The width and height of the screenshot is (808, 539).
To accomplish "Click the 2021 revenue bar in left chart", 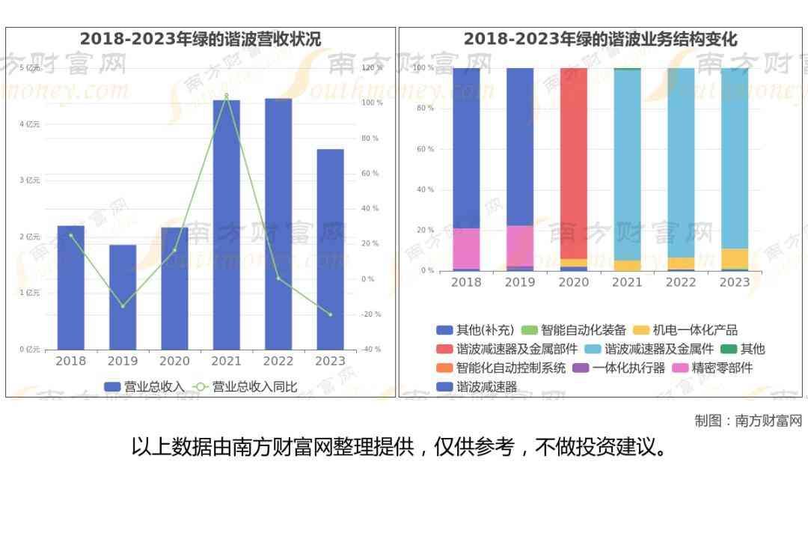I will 226,225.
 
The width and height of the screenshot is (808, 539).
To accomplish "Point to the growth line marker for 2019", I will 123,306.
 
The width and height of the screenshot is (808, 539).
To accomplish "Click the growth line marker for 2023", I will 330,314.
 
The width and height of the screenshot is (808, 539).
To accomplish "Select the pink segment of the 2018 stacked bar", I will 466,248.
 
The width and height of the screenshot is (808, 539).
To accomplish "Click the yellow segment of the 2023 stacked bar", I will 735,258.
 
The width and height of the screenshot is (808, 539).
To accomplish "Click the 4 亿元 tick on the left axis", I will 30,124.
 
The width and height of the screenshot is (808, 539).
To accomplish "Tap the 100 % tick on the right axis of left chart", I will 373,103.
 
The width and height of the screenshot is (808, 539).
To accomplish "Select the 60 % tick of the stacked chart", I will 425,150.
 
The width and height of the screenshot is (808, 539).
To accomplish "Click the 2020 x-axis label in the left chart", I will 174,361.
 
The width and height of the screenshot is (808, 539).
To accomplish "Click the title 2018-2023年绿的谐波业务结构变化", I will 600,39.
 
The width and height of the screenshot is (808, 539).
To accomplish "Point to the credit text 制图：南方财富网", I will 748,421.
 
